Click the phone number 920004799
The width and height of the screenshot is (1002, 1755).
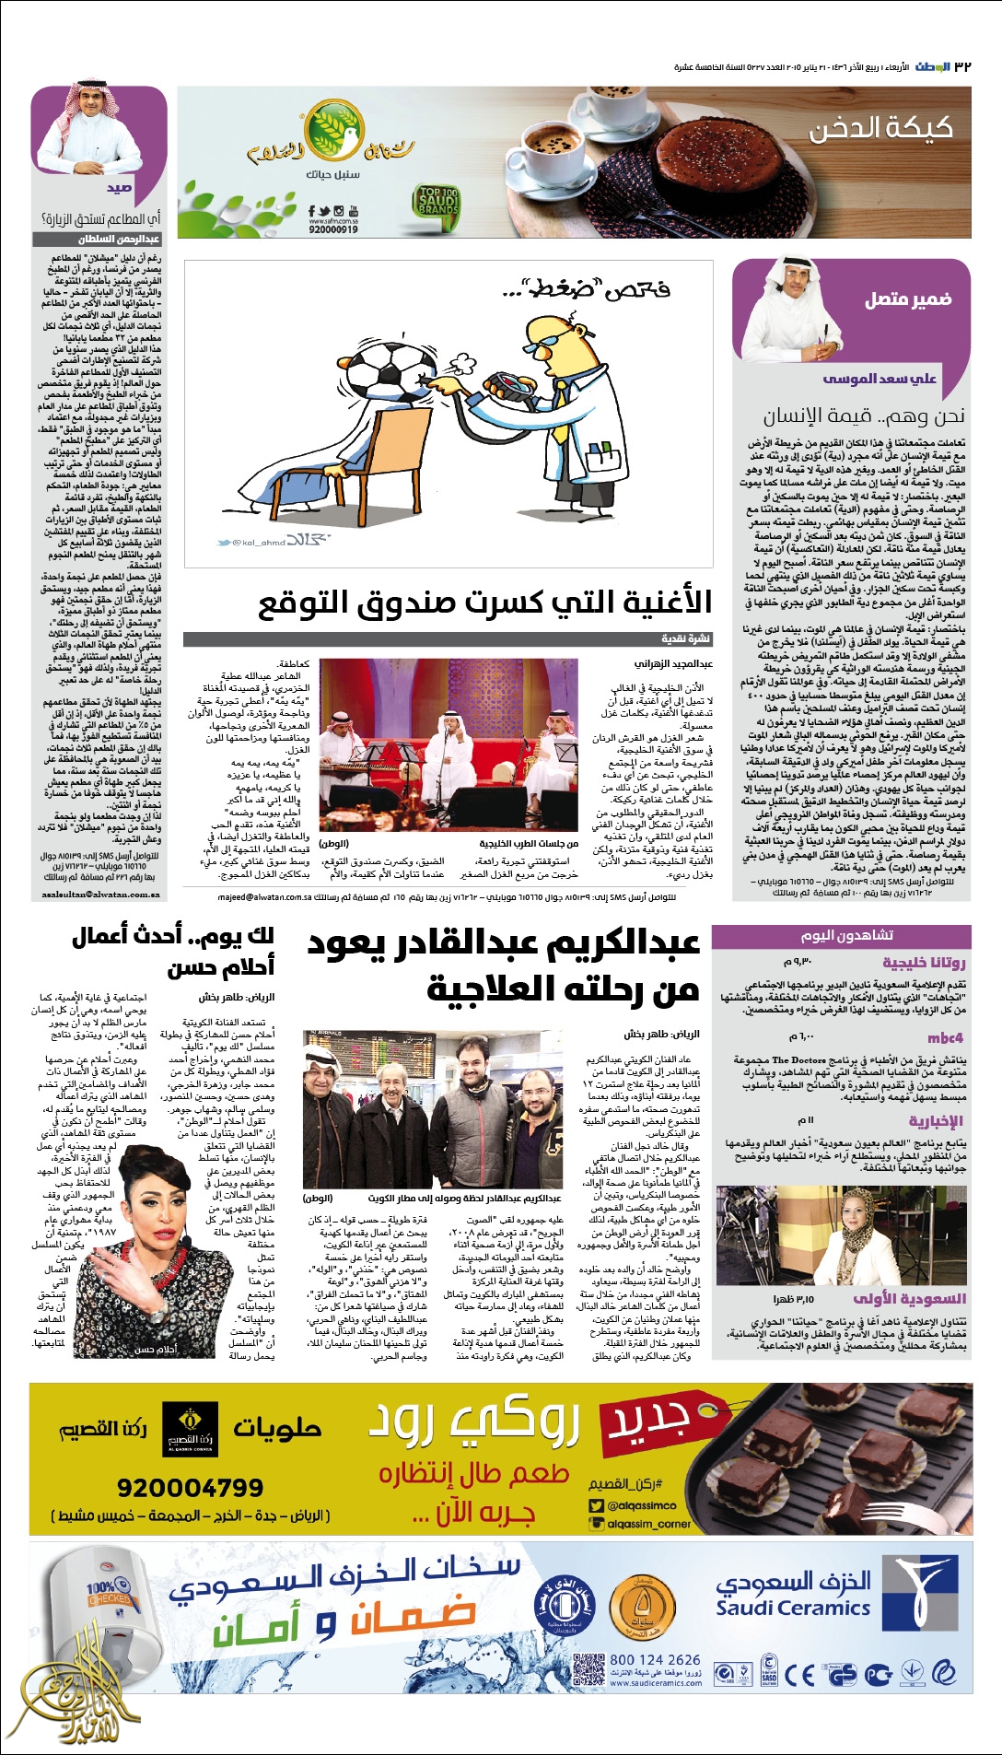(190, 1488)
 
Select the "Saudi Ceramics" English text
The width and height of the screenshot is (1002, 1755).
(793, 1609)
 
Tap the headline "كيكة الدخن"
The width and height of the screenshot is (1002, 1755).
(880, 128)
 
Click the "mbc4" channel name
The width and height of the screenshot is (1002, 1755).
(946, 1037)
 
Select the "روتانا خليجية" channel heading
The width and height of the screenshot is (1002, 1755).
(924, 963)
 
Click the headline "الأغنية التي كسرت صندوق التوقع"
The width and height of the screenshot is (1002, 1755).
(484, 603)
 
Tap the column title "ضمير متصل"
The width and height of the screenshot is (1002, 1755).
(907, 299)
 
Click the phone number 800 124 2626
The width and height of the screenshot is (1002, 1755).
(655, 1659)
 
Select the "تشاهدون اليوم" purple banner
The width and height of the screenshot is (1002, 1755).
(847, 935)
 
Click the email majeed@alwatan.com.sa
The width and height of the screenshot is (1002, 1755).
(254, 896)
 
